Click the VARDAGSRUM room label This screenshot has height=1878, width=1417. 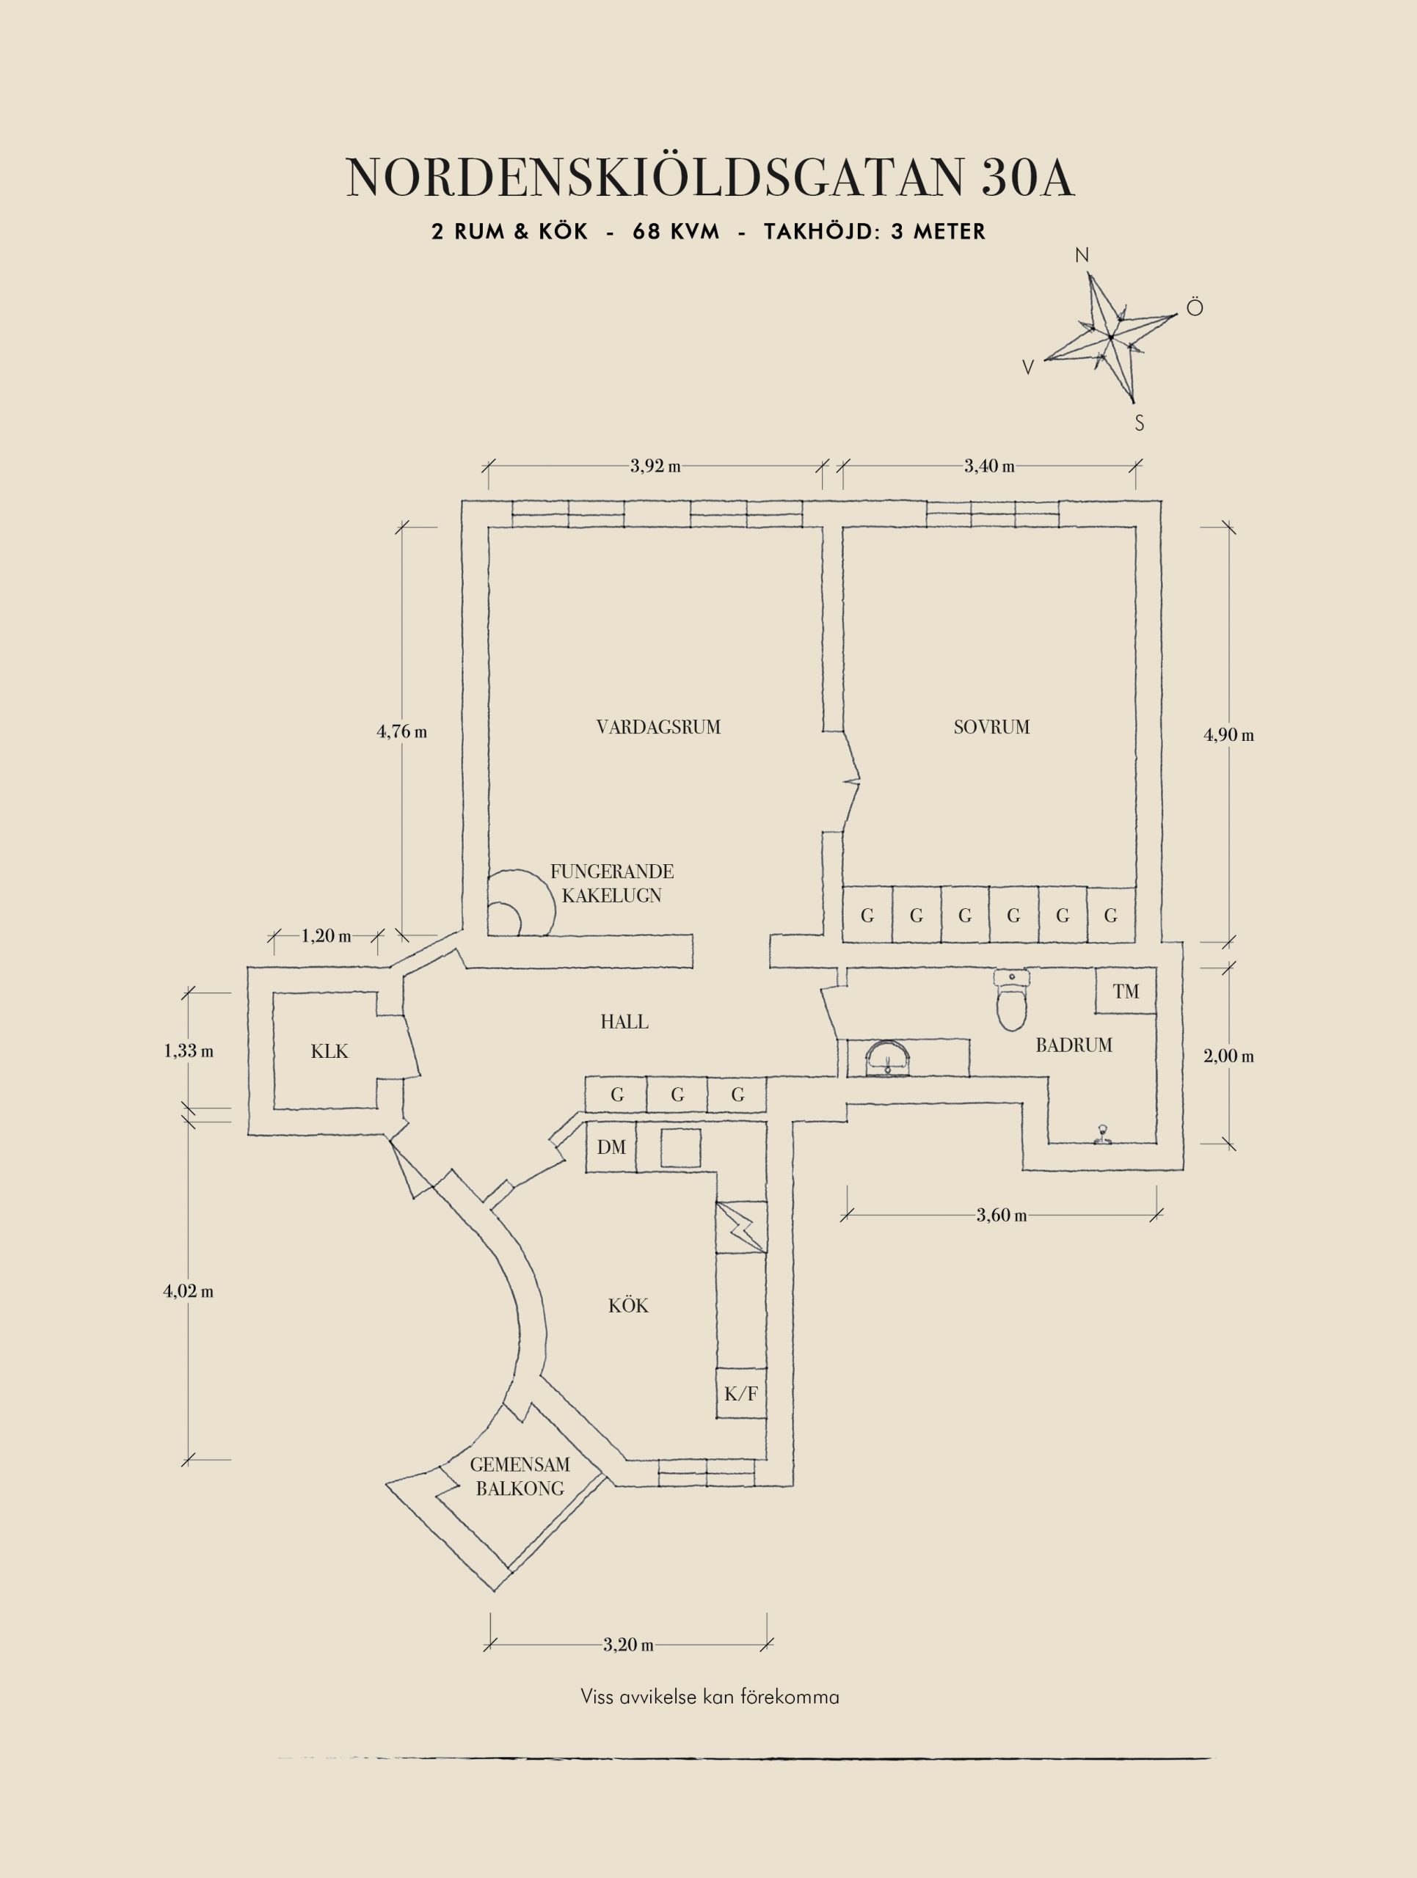click(658, 727)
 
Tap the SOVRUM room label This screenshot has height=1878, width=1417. click(991, 727)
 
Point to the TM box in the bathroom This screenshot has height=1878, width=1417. click(1125, 991)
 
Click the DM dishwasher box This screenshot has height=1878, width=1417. click(611, 1148)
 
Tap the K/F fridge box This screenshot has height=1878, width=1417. click(740, 1393)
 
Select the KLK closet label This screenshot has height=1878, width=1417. click(329, 1051)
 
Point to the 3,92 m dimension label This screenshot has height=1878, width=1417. click(655, 466)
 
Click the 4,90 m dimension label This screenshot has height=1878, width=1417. click(1228, 735)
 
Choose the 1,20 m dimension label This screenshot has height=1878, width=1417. click(326, 937)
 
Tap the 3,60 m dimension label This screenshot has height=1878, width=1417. click(1001, 1215)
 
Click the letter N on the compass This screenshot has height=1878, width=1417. click(1082, 255)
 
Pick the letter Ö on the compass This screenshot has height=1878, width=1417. click(1195, 307)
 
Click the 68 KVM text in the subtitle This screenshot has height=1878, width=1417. click(675, 232)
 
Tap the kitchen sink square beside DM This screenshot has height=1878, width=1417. click(681, 1148)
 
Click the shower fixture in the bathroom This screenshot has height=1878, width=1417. click(1103, 1135)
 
